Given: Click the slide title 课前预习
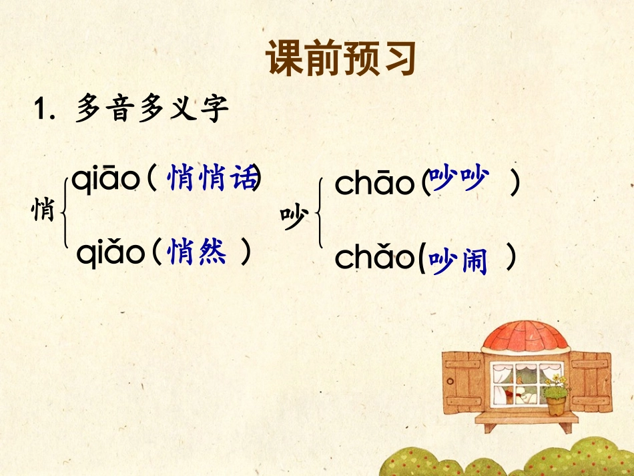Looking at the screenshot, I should tap(341, 59).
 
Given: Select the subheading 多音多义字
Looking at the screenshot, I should tap(151, 109).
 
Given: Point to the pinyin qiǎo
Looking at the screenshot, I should tap(110, 252).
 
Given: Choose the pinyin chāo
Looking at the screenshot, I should tap(374, 184).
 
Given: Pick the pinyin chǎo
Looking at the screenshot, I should tap(374, 258).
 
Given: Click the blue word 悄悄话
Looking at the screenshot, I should tap(212, 178).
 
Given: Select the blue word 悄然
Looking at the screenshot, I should tap(198, 252).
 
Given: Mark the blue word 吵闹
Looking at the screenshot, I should tap(459, 260).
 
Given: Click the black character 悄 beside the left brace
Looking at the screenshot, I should tap(43, 211).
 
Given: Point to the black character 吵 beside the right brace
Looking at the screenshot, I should tap(294, 218).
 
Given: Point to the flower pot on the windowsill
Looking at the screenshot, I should tap(555, 403).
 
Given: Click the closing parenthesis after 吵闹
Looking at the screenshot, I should tap(511, 259).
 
